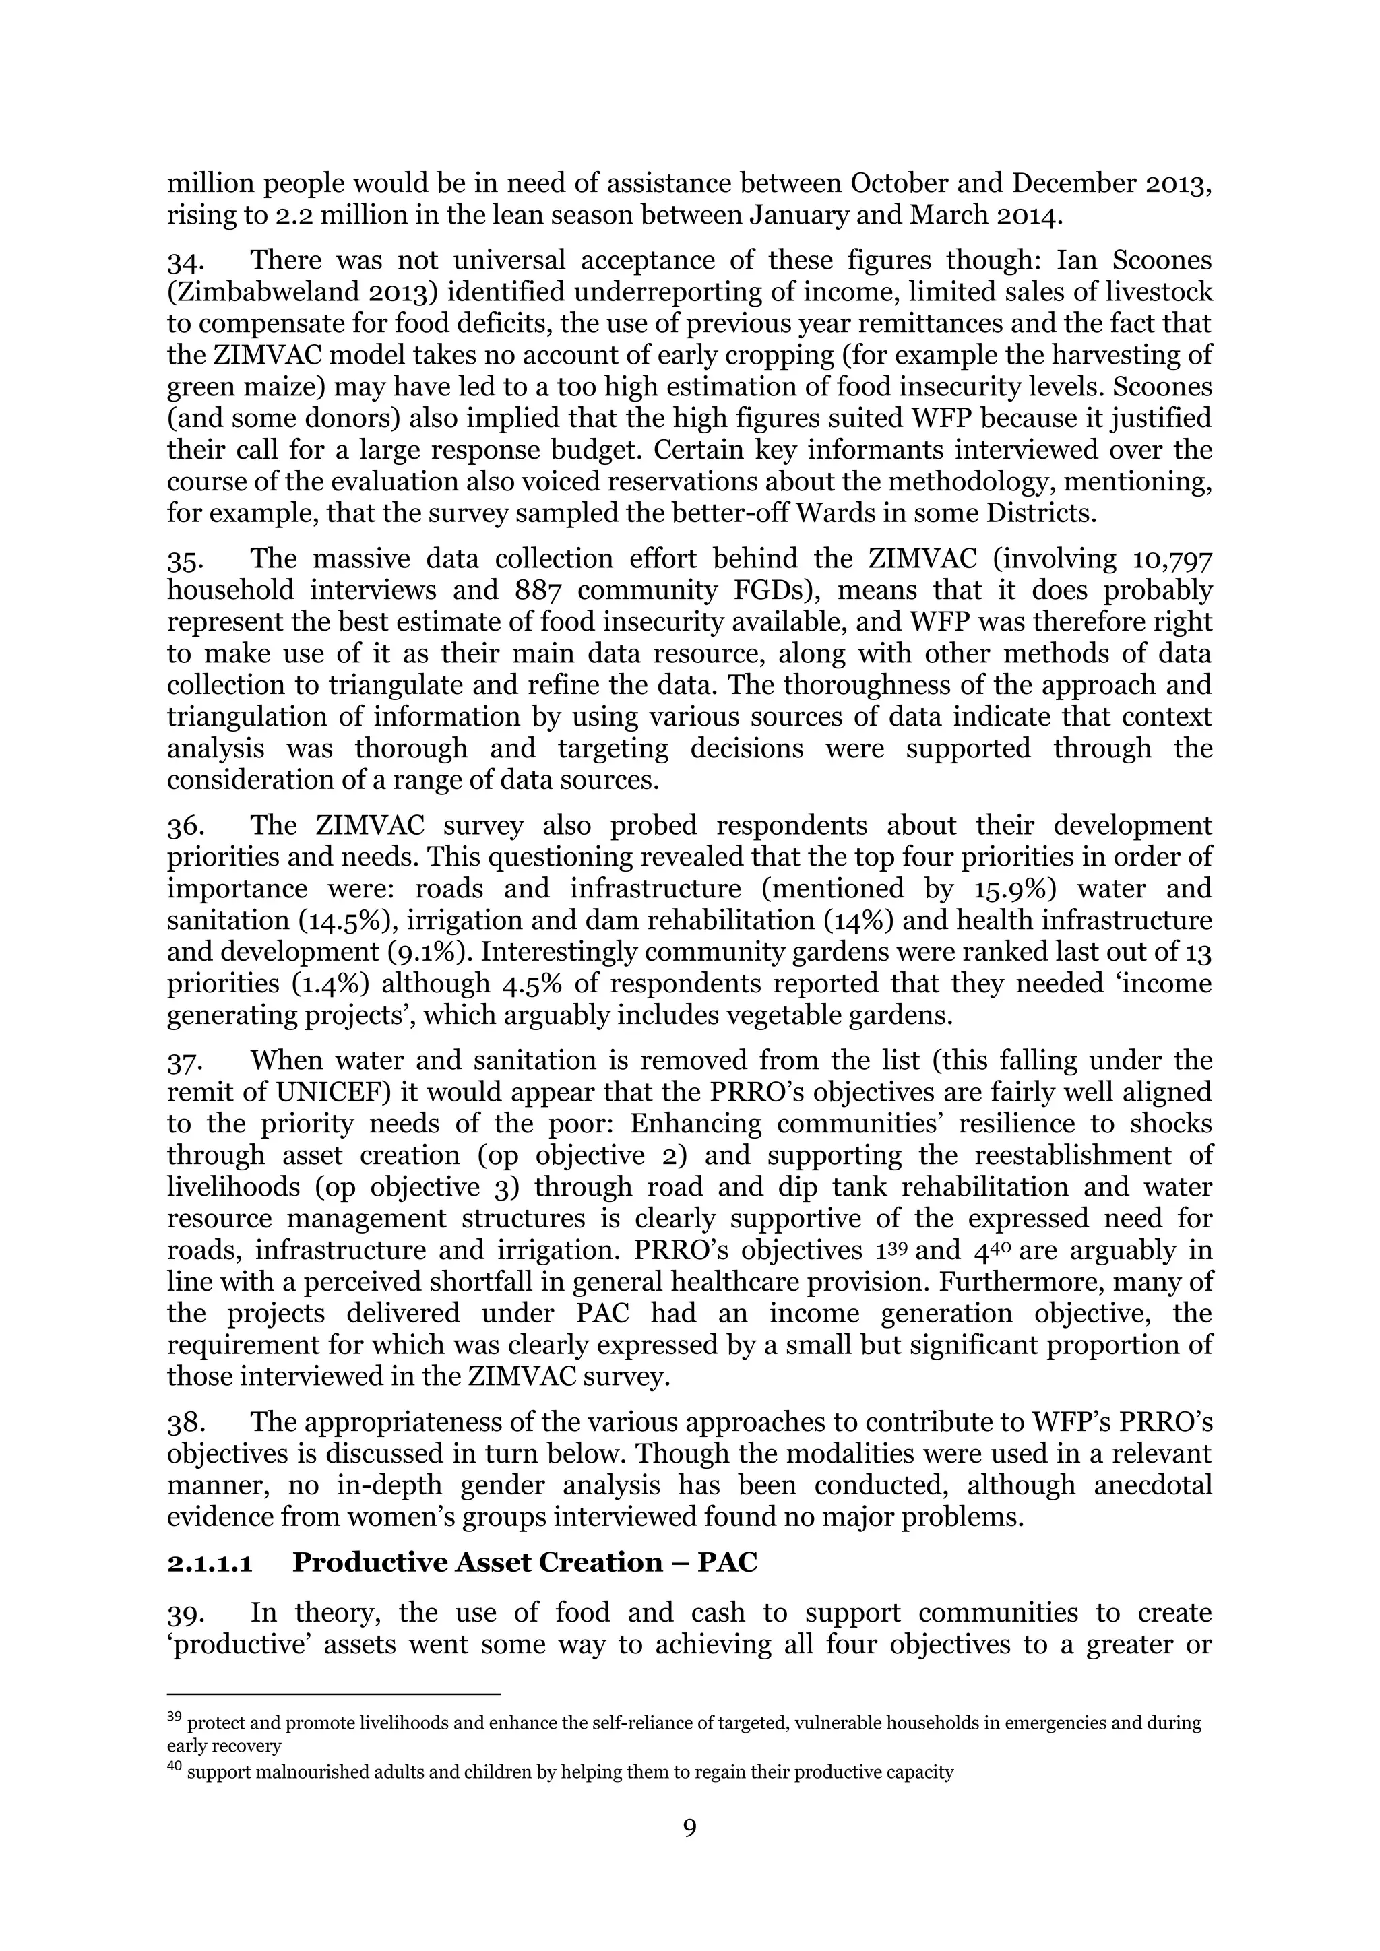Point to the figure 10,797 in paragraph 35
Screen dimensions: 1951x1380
1172,559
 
